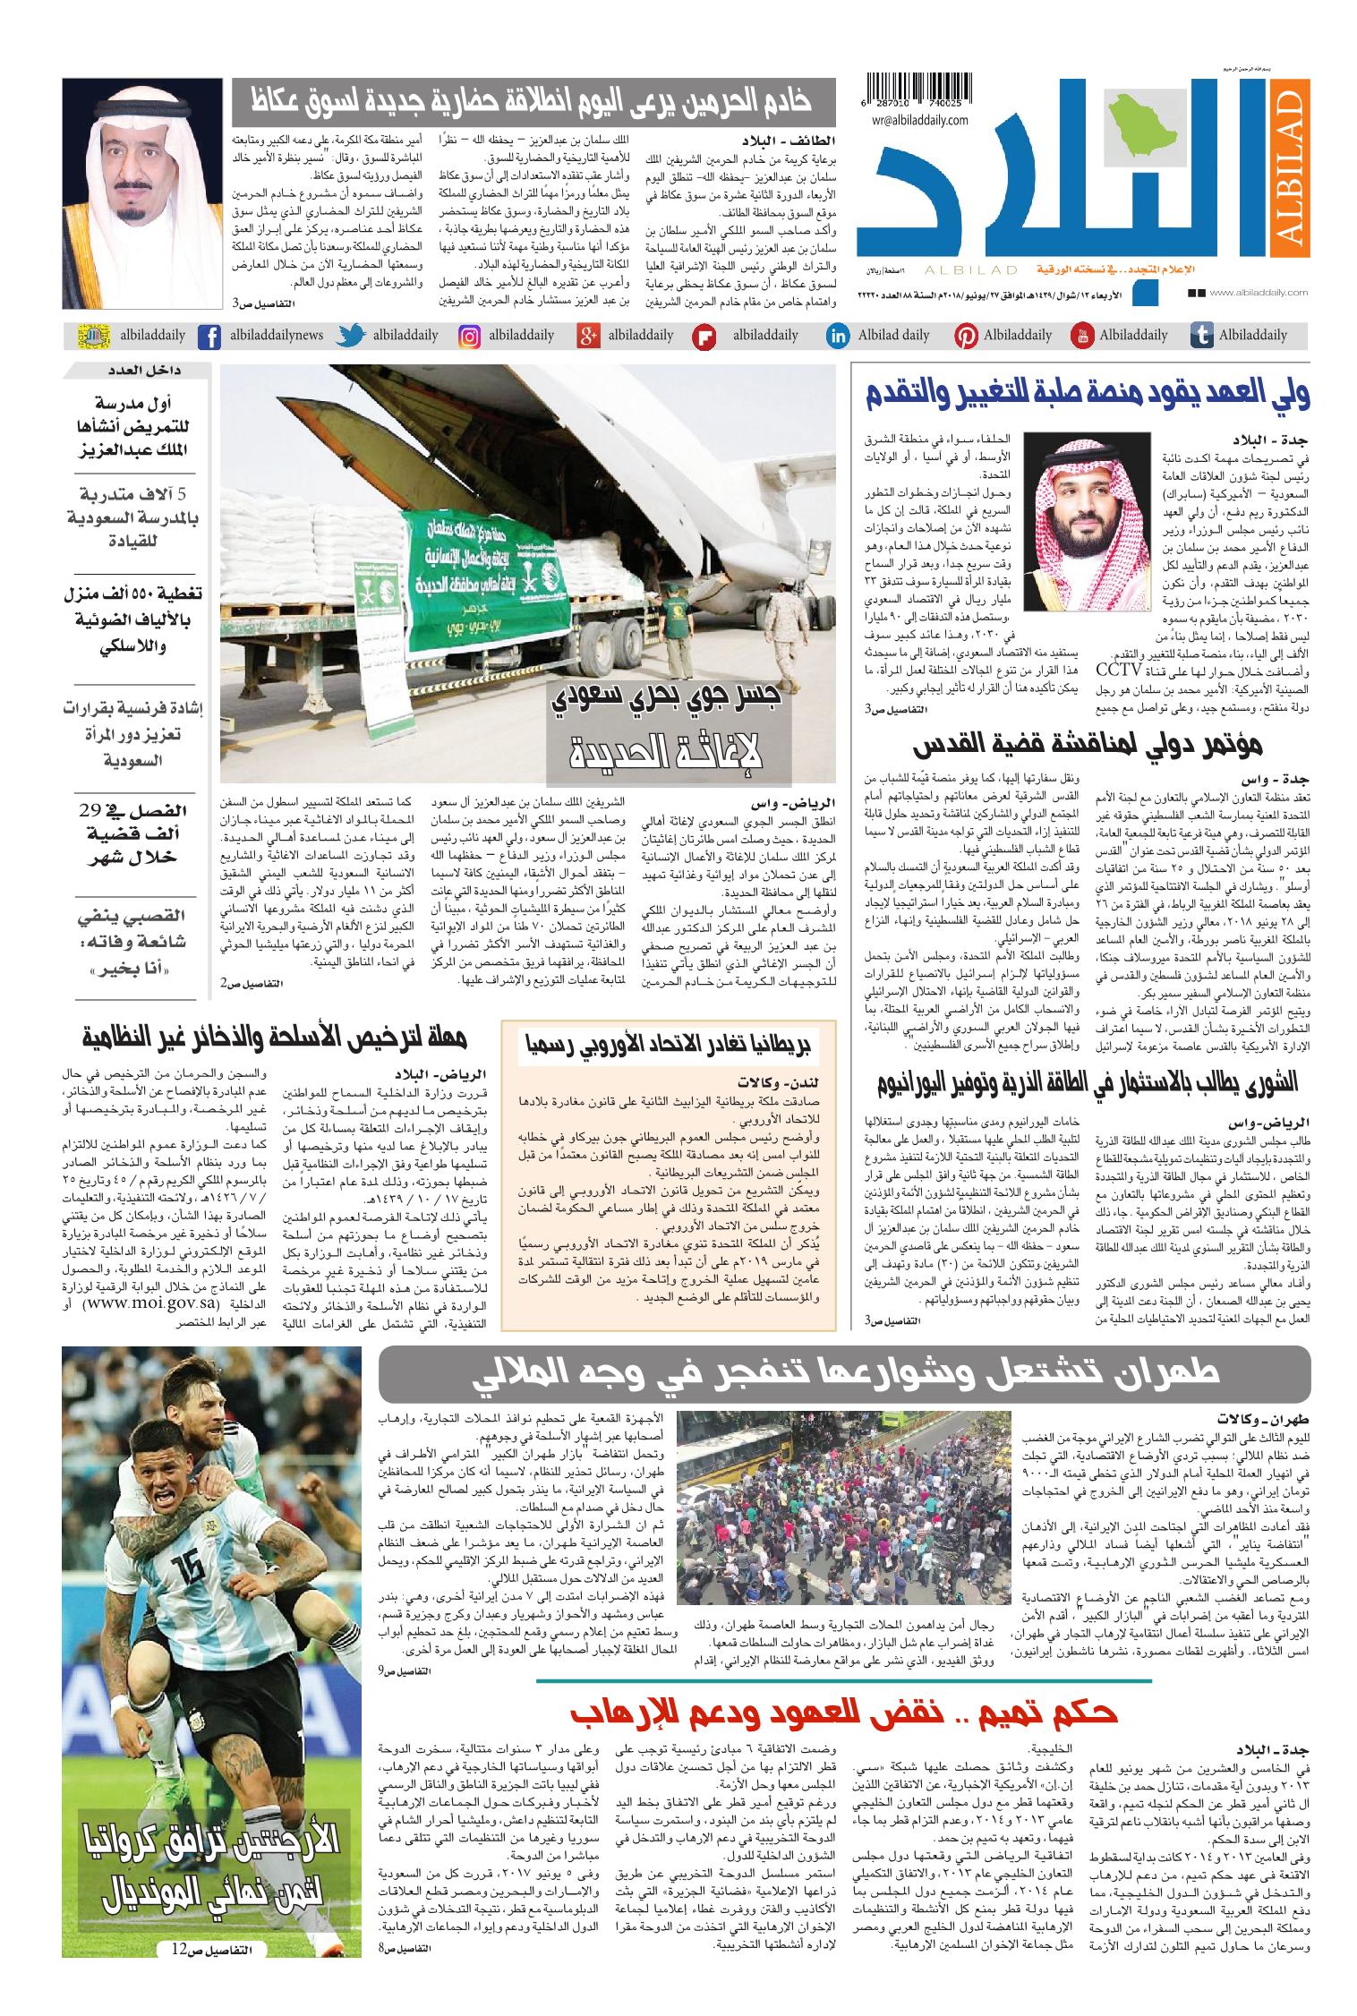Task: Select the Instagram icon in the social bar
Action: click(469, 337)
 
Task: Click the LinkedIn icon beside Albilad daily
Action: click(838, 337)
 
